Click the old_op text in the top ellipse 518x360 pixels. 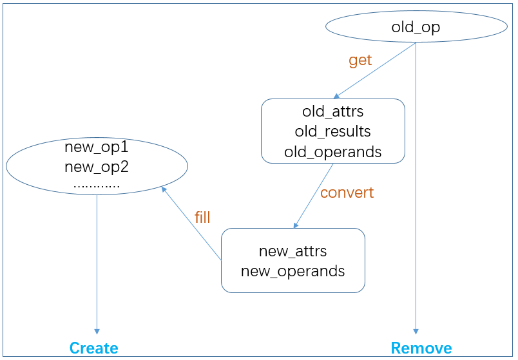point(416,28)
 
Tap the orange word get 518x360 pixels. point(360,61)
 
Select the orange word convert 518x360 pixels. point(347,193)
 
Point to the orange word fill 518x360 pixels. point(202,217)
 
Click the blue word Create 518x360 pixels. point(94,348)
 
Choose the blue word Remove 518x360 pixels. point(421,348)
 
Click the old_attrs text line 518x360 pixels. point(332,111)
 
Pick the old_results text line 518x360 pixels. point(332,131)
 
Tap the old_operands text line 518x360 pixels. point(332,152)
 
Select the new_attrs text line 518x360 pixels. point(293,251)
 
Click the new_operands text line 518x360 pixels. point(293,272)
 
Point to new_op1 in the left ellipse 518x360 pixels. point(97,147)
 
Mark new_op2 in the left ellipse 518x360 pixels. point(97,167)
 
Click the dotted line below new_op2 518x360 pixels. point(97,187)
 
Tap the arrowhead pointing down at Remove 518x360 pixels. point(416,332)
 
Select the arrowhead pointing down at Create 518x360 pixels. point(97,332)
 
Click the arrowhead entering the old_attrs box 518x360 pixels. point(336,96)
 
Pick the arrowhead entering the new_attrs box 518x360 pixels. point(296,225)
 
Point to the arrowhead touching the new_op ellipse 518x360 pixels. point(164,189)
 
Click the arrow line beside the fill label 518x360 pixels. point(191,223)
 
